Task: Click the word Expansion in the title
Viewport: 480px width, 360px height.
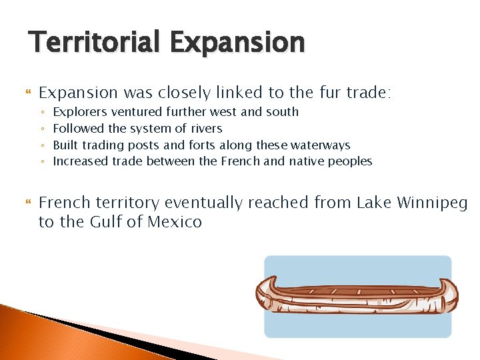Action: tap(237, 42)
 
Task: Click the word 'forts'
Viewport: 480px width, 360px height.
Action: tap(207, 145)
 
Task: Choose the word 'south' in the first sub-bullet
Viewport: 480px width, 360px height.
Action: tap(282, 112)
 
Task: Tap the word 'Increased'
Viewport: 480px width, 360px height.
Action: tap(81, 161)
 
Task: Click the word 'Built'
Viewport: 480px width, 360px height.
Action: tap(65, 145)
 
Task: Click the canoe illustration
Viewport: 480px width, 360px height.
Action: tap(357, 296)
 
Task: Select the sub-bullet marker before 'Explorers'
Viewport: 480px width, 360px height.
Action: tap(41, 113)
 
